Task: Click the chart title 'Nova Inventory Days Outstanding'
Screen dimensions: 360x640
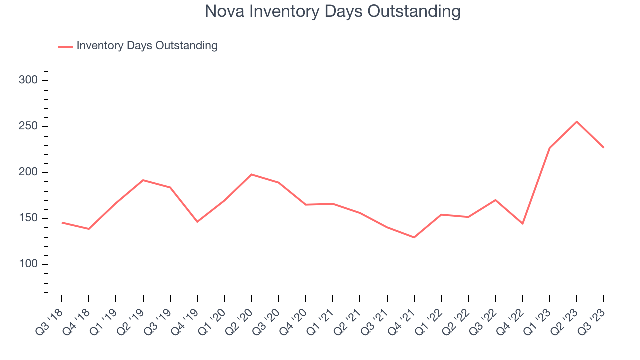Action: [x=332, y=11]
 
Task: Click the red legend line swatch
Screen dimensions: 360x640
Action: [x=65, y=46]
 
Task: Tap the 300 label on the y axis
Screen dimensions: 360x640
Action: [x=29, y=81]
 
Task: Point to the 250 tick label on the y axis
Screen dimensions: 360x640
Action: [x=29, y=127]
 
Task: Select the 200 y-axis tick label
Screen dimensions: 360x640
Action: [x=29, y=173]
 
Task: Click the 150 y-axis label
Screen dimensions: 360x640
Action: [x=29, y=219]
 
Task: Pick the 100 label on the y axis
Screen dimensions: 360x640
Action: [x=29, y=265]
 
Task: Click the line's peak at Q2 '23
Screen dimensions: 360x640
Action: [x=577, y=121]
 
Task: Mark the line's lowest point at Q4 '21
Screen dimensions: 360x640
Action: [x=414, y=237]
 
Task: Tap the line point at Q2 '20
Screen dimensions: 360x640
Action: [x=251, y=174]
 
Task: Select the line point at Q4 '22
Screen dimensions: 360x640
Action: [x=523, y=224]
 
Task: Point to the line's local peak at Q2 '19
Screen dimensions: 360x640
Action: [x=143, y=180]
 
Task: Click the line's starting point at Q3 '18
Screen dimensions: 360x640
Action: [x=62, y=222]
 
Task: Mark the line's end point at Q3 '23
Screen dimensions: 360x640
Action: [x=604, y=147]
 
